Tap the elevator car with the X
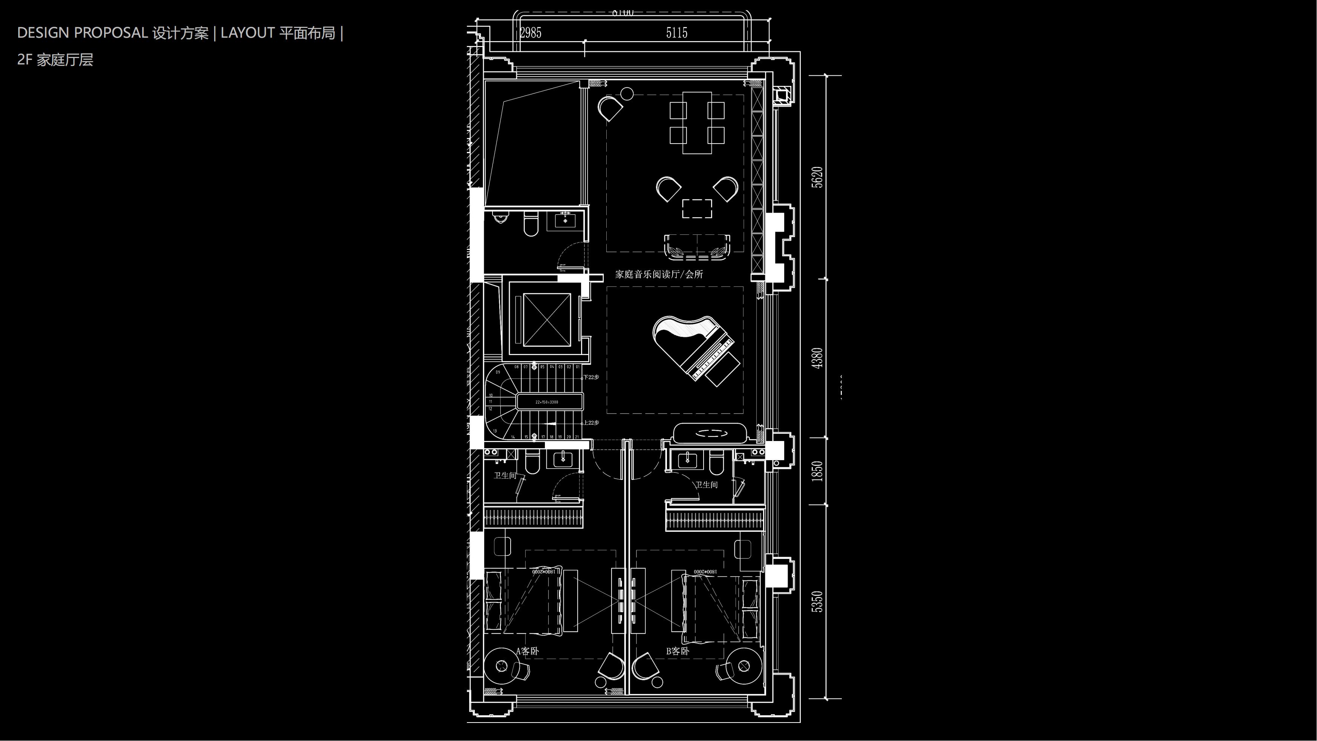546,320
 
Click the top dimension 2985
530,33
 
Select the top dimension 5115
676,33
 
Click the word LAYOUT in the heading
248,33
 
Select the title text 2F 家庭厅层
55,60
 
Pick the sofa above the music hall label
697,246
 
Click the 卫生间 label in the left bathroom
505,476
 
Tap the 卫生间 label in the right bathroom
706,485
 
